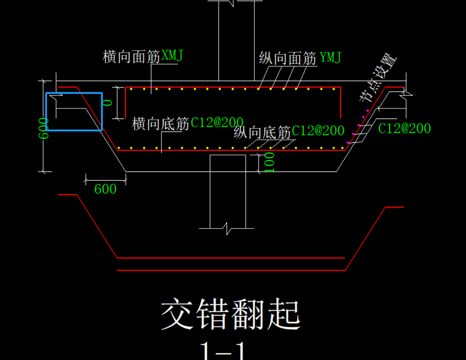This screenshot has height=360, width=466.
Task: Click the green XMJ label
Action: pos(172,55)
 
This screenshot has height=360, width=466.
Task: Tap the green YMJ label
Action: pos(330,57)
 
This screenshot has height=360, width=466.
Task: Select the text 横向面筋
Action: pos(131,57)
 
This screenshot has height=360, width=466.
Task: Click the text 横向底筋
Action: pos(161,124)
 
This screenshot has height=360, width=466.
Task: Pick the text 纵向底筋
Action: pos(262,132)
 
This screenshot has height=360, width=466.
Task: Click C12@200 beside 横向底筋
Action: pos(217,123)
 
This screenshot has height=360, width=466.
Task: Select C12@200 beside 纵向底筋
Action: pos(318,130)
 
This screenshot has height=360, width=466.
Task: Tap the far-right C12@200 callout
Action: pos(404,129)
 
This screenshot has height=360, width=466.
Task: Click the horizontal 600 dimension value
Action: pos(105,189)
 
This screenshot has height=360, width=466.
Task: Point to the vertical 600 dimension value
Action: pos(43,128)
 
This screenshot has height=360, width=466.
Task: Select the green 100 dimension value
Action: pos(269,162)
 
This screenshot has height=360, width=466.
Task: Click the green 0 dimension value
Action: pos(108,103)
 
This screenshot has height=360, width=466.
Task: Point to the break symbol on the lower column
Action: pos(227,228)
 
